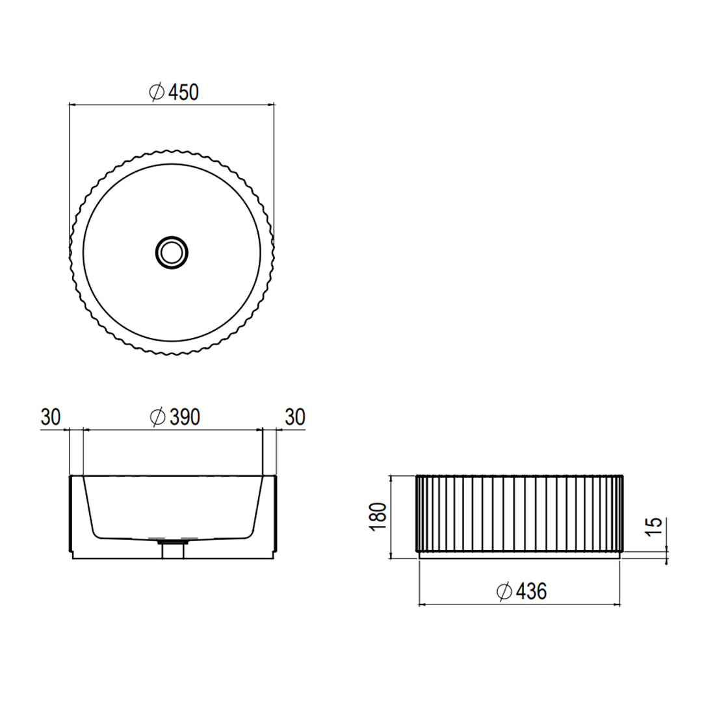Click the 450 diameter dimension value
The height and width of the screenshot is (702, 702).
tap(183, 92)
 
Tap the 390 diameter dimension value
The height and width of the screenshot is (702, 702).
tap(185, 417)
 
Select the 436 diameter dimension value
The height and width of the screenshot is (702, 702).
tap(532, 591)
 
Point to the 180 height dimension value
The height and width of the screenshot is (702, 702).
tap(378, 517)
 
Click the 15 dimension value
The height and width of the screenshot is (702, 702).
tap(654, 526)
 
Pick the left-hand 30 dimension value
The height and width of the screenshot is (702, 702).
tap(51, 417)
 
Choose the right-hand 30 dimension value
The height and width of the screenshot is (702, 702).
tap(295, 417)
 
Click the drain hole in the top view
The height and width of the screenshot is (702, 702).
tap(172, 253)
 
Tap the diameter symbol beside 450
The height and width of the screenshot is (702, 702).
tap(157, 92)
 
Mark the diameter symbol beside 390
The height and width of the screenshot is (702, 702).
tap(158, 417)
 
